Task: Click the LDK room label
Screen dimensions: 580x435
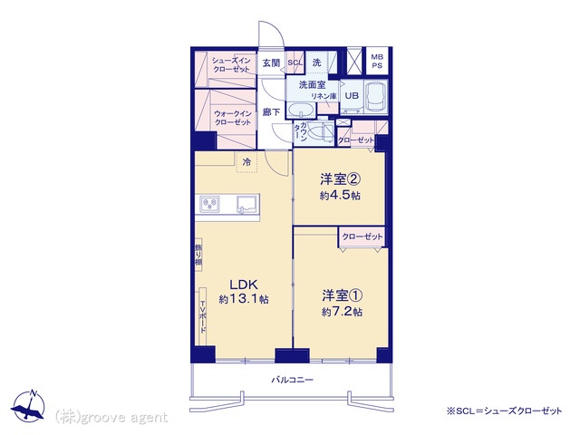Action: tap(243, 285)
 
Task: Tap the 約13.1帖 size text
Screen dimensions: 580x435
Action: tap(244, 299)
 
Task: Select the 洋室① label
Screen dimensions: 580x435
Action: tap(342, 296)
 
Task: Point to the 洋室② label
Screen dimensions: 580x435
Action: tap(341, 179)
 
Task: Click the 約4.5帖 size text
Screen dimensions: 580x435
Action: tap(340, 195)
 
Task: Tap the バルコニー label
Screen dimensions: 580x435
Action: tap(292, 380)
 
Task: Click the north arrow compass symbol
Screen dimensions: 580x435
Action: tap(28, 406)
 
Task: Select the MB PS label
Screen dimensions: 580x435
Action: tap(377, 62)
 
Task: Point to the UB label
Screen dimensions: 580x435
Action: tap(352, 95)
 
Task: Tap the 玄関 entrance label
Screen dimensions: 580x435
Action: tap(271, 63)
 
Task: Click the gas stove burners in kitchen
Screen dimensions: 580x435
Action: tap(209, 204)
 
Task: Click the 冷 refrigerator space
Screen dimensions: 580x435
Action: tap(246, 162)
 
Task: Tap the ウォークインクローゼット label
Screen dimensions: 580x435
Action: tap(233, 118)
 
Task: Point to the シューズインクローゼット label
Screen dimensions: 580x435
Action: tap(231, 64)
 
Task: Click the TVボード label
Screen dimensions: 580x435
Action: tap(203, 317)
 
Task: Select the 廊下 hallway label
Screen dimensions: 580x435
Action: tap(271, 111)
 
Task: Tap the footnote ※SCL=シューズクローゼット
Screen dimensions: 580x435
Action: tap(505, 411)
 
